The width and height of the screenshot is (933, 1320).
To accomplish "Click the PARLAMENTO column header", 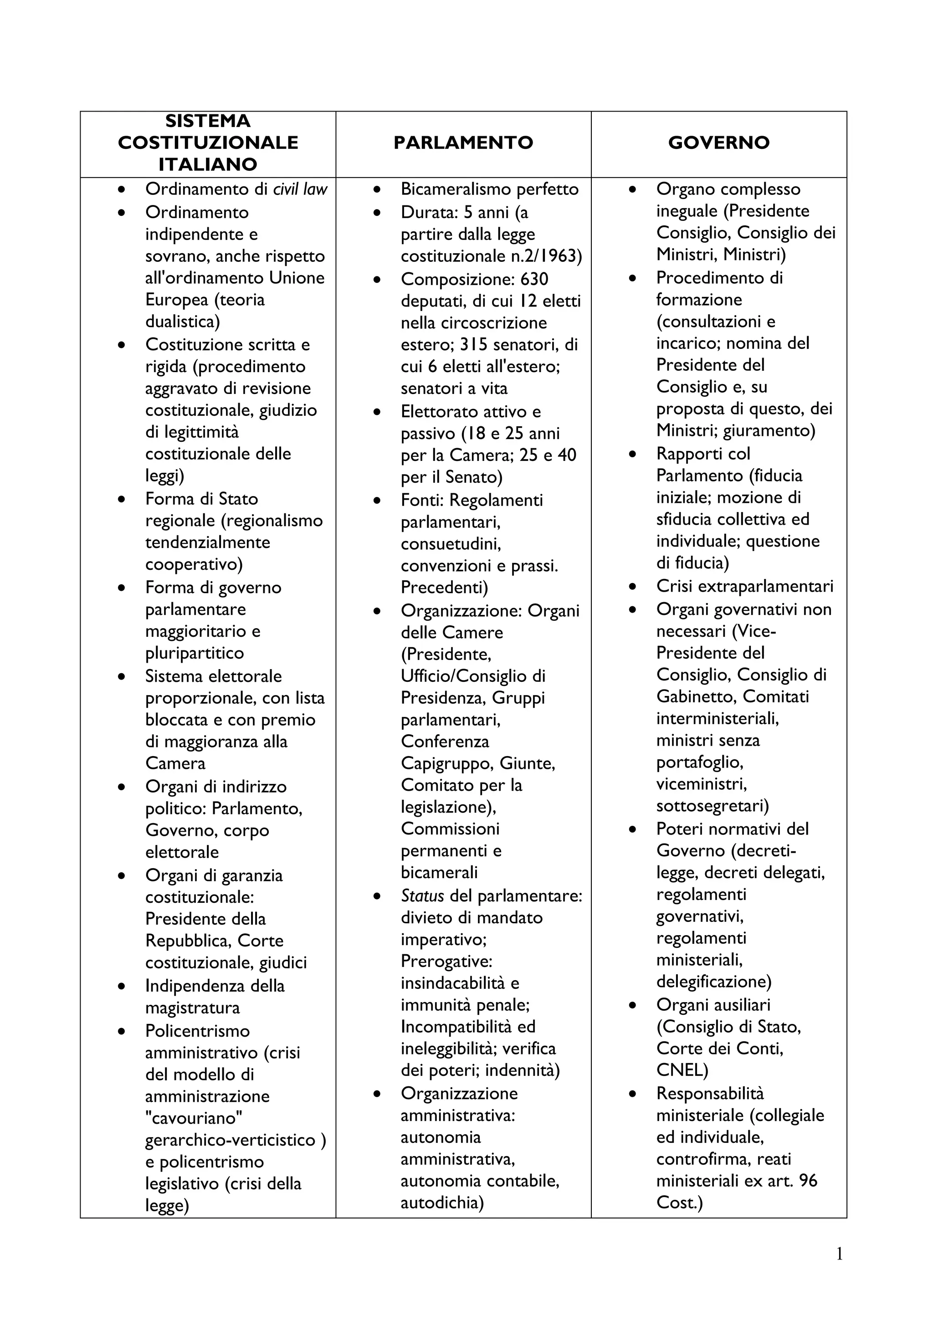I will tap(463, 143).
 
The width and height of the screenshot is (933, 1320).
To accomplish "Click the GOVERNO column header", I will tap(718, 143).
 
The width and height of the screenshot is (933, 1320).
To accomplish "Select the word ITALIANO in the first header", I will tap(208, 164).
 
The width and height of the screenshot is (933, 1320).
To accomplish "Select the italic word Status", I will tap(422, 895).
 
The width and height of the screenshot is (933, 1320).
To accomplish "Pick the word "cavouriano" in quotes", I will tap(194, 1118).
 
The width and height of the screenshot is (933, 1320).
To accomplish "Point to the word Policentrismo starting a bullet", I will tap(197, 1031).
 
